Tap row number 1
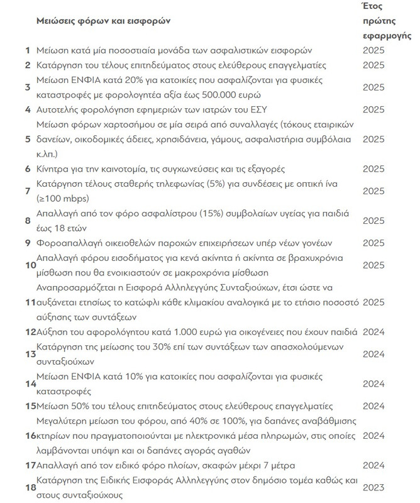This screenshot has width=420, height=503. (28, 49)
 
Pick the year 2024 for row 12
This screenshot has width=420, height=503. (373, 331)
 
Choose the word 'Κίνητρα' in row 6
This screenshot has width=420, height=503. (55, 170)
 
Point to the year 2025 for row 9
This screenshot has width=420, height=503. (373, 243)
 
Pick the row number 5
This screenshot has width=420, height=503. (28, 139)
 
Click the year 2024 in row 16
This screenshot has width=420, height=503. (373, 435)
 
